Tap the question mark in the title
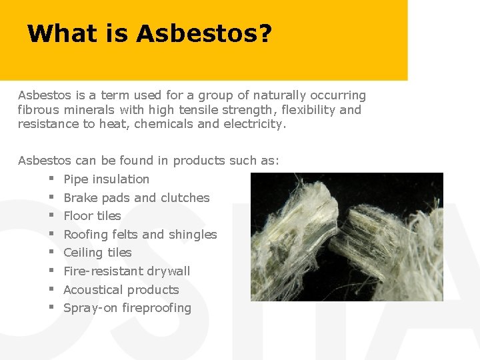[265, 33]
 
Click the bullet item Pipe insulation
[106, 179]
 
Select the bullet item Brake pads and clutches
[136, 198]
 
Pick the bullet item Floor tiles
[92, 216]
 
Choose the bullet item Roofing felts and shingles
[140, 235]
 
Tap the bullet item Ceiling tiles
[97, 253]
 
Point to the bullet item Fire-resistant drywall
[127, 271]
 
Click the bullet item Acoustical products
[121, 290]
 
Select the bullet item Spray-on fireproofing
[127, 308]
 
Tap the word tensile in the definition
[187, 110]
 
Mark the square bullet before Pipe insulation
[51, 179]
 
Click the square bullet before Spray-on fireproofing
[51, 307]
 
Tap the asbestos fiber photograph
[347, 237]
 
